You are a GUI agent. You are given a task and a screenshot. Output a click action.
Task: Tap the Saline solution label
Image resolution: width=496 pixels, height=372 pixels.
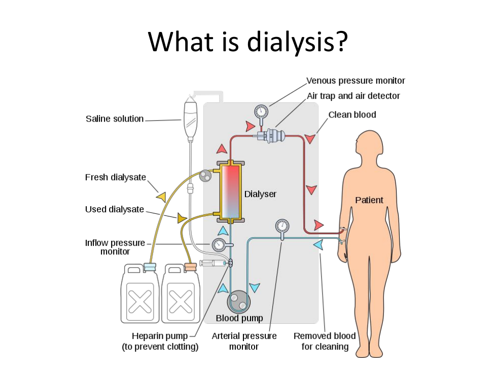(115, 119)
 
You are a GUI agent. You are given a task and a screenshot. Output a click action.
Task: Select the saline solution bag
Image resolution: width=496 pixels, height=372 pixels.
(190, 118)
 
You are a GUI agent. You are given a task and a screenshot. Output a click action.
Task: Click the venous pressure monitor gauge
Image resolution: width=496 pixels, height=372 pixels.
(261, 111)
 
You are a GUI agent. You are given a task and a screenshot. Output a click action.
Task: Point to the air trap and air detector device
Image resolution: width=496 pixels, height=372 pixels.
(273, 136)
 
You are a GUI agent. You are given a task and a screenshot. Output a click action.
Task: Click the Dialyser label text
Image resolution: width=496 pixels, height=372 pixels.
(260, 194)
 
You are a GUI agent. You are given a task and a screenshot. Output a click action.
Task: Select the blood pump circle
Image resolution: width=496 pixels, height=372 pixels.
(238, 302)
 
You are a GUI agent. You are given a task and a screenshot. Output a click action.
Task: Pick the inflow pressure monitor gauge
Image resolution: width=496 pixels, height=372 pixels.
(219, 245)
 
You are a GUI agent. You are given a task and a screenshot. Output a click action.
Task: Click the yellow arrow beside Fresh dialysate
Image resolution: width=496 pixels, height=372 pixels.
(161, 197)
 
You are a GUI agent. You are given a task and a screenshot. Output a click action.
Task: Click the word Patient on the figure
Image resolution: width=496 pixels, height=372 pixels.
(369, 200)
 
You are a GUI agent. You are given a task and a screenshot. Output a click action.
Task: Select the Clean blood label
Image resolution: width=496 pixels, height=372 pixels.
(352, 115)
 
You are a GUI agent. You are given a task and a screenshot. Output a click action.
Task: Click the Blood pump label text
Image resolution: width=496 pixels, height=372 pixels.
(239, 318)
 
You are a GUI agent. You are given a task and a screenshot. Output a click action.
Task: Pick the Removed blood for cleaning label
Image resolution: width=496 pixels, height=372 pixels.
(325, 341)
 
